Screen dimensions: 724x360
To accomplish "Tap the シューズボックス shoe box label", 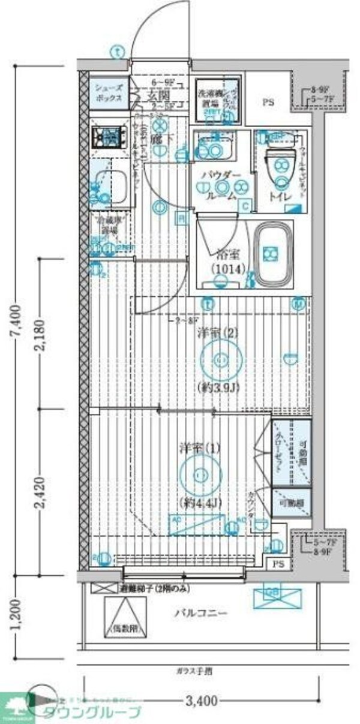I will click(108, 92).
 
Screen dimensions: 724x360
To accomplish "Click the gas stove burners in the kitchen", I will click(108, 137).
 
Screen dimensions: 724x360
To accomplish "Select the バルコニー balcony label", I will click(200, 614).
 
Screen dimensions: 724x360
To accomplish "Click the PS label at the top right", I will click(268, 102).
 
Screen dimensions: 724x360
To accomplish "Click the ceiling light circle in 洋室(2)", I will click(220, 359).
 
